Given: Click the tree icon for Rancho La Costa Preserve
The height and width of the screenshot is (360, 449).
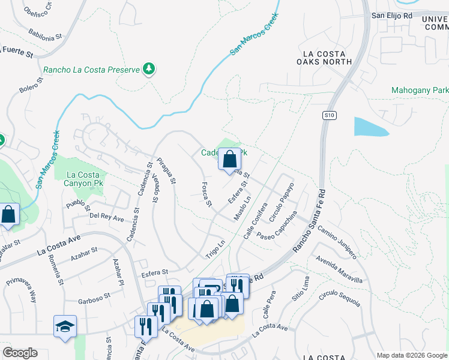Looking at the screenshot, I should (149, 70).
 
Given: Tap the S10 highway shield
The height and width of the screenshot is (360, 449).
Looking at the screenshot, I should (328, 115).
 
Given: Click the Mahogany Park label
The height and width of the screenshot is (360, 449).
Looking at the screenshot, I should (419, 90).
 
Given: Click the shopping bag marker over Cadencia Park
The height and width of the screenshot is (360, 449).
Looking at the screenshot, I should (229, 160).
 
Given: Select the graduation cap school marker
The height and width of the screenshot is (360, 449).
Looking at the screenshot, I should (65, 327).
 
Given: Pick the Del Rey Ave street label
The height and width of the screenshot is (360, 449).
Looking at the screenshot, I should (106, 216).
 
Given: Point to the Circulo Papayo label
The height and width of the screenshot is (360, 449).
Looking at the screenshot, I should (282, 202).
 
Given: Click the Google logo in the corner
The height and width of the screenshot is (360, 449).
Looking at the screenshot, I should (20, 353).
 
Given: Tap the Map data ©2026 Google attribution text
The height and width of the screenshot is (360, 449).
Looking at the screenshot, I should (412, 355).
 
